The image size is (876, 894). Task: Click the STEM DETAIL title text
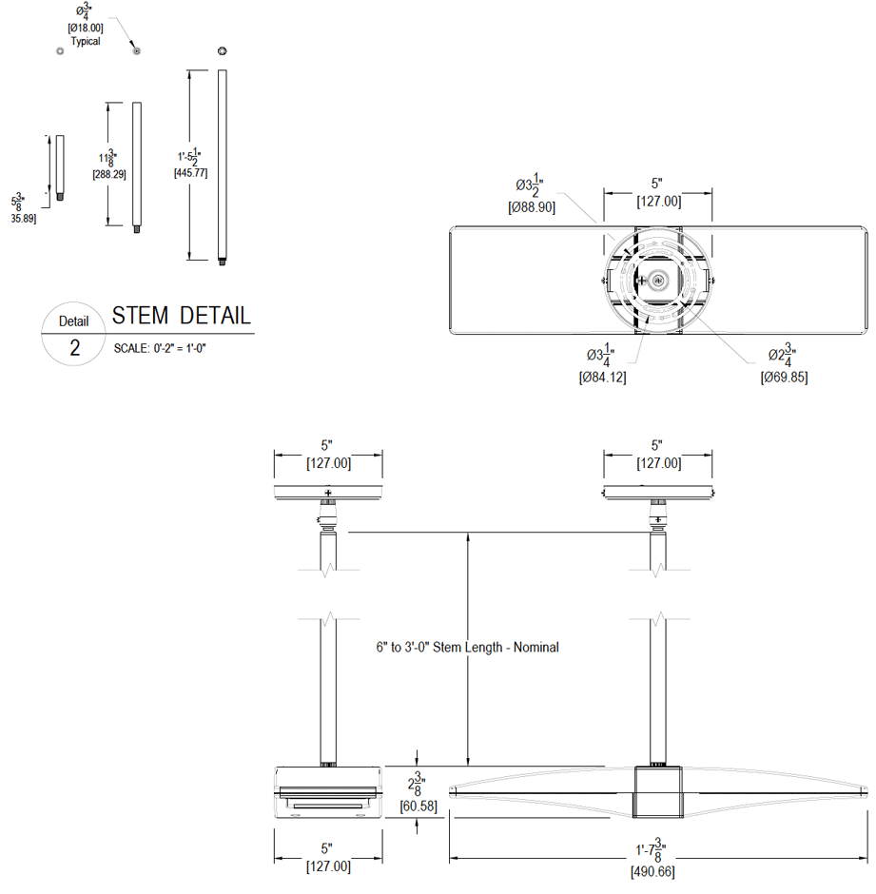click(181, 316)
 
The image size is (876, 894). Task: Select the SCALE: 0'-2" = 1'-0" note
click(160, 348)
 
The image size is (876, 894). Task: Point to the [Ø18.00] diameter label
click(85, 29)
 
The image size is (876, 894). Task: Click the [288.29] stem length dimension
click(108, 175)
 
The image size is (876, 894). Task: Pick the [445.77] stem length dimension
click(190, 173)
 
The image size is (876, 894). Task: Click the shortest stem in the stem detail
click(60, 168)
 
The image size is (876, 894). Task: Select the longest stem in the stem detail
click(223, 166)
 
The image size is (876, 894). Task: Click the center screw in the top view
click(657, 281)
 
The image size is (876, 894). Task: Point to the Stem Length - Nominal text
click(467, 647)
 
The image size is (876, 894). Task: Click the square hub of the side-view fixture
click(657, 793)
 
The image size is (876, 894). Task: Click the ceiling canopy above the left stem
click(328, 492)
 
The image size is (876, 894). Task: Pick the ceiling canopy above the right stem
click(657, 492)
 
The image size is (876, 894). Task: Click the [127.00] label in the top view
click(657, 201)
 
